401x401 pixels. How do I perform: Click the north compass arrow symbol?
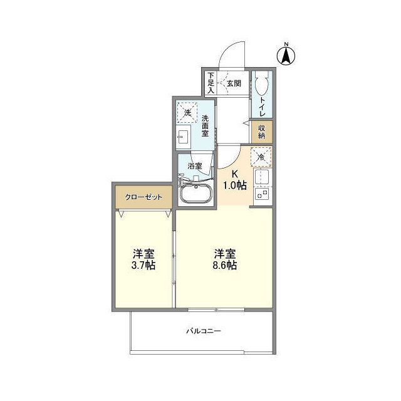click(286, 56)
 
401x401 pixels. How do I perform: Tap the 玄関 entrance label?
click(234, 83)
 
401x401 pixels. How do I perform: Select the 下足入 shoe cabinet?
click(211, 83)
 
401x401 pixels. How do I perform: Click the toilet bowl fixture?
click(261, 84)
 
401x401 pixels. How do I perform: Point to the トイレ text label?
click(262, 107)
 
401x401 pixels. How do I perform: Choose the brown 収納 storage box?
click(262, 132)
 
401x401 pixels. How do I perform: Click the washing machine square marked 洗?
click(188, 113)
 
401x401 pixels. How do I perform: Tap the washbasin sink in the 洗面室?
click(183, 137)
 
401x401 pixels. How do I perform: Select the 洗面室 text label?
click(206, 125)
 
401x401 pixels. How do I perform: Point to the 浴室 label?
click(195, 166)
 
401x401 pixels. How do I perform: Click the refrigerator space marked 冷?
click(261, 157)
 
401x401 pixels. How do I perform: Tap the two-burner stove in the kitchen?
click(263, 194)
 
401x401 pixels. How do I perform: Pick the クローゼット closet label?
click(143, 197)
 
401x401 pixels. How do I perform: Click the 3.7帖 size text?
click(143, 265)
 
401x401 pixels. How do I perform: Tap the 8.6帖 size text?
click(225, 265)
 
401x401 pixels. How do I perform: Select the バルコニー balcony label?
click(204, 331)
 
